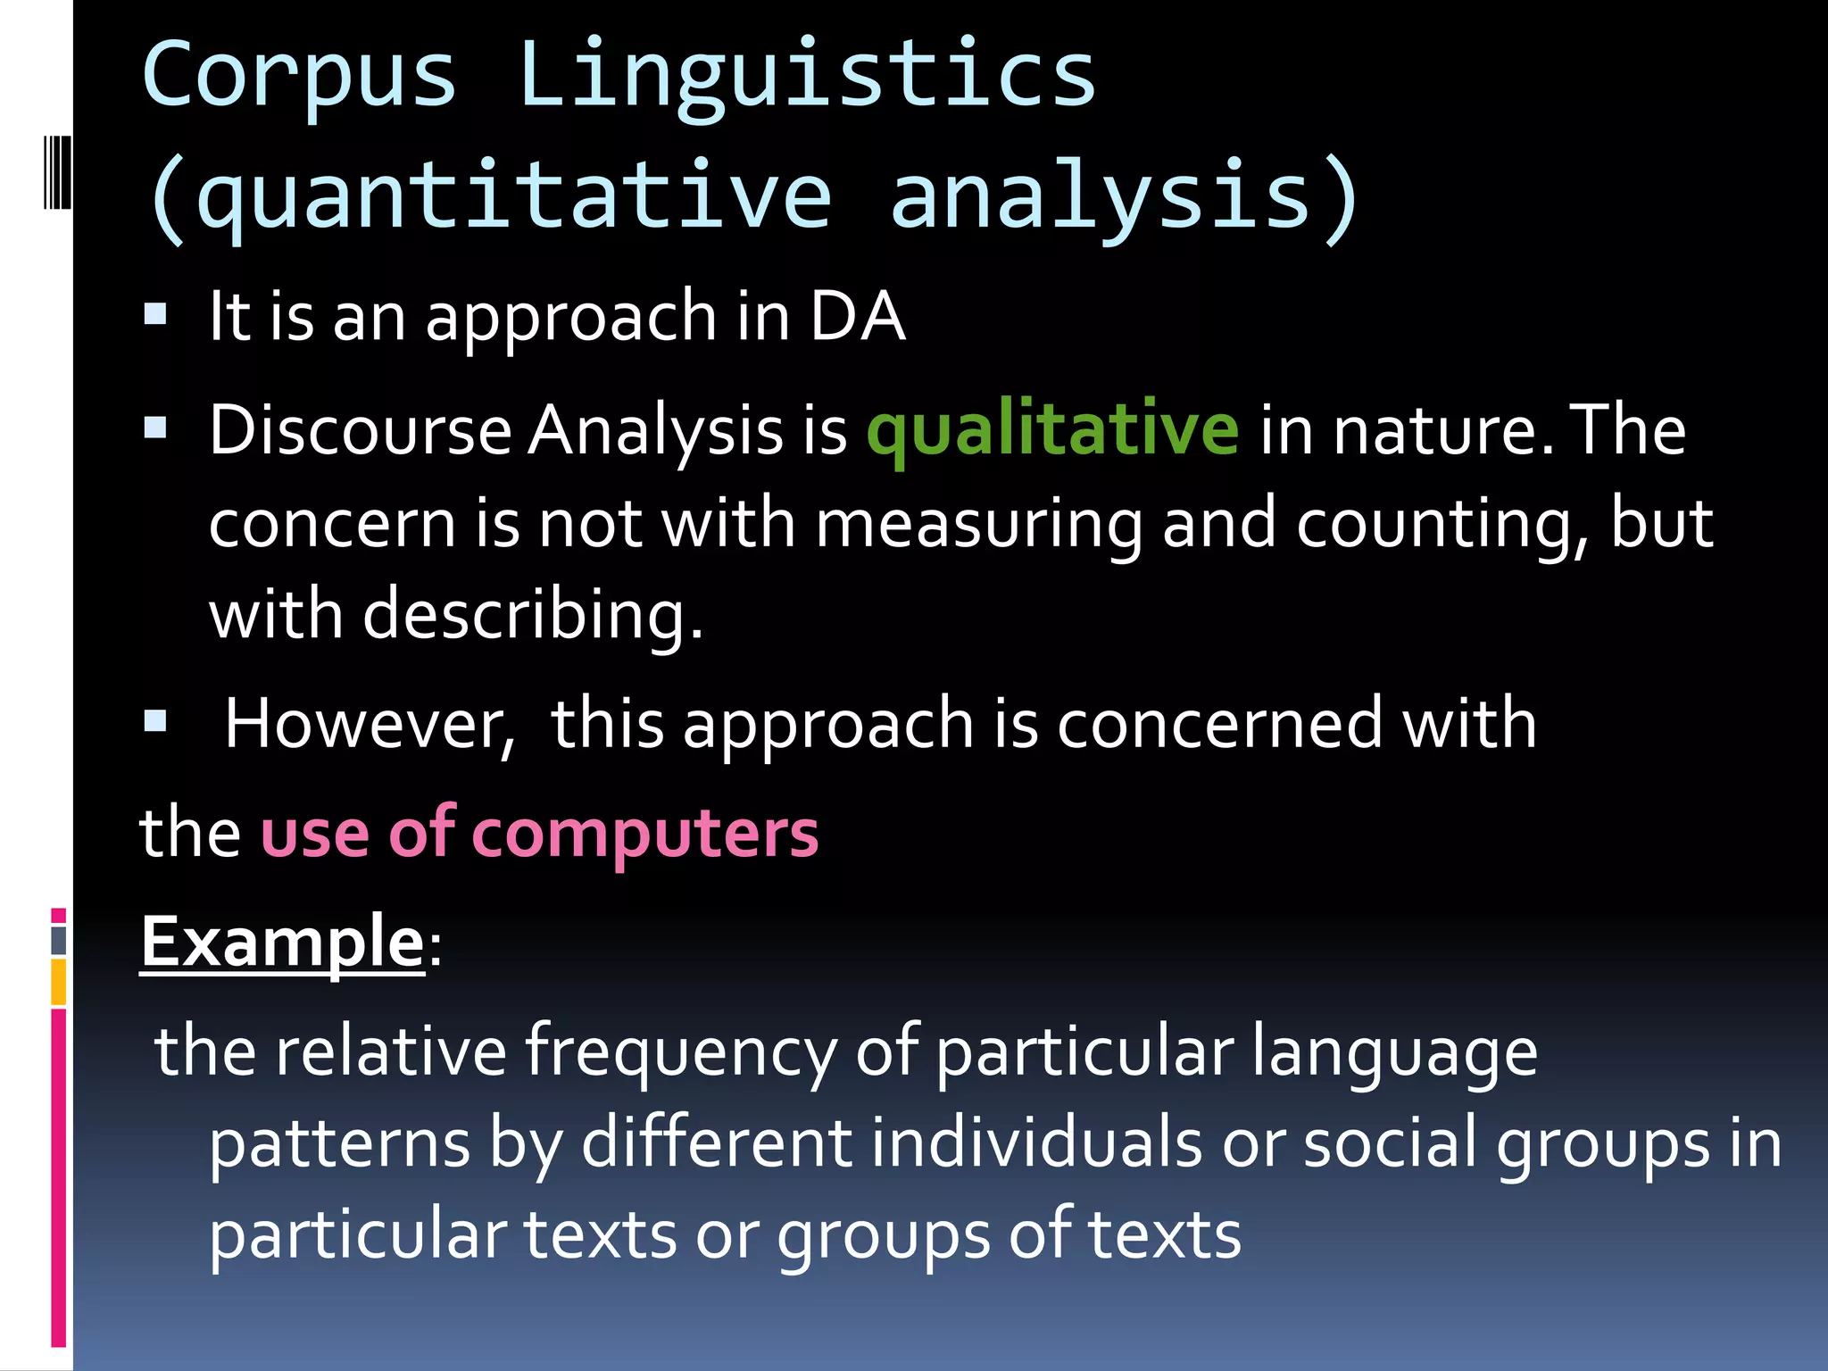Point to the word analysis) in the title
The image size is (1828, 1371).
tap(1125, 196)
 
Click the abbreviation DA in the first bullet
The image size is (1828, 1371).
tap(857, 317)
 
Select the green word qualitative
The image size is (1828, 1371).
tap(1052, 430)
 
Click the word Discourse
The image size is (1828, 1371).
tap(360, 430)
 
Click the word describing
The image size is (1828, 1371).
tap(533, 615)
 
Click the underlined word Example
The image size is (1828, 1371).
tap(282, 943)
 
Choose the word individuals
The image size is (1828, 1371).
tap(1035, 1143)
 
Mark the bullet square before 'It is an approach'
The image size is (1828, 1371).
tap(155, 314)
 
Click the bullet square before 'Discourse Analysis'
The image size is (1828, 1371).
tap(155, 428)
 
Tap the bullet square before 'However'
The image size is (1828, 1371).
tap(155, 720)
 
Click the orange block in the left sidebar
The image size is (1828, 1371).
tap(59, 982)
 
